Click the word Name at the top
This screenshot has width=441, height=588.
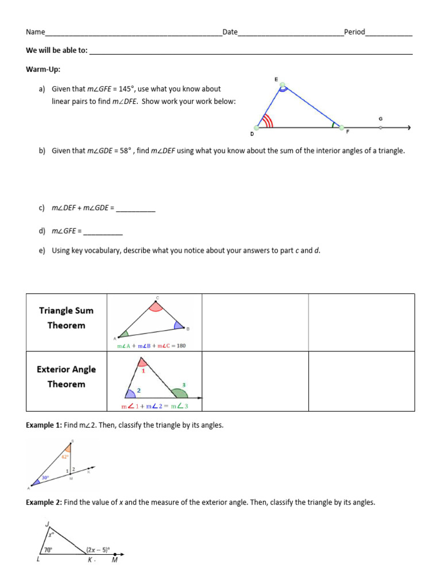pos(35,32)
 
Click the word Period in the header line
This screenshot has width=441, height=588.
pos(354,32)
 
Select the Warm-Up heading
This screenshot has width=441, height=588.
pos(43,69)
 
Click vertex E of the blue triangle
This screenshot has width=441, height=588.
pos(282,87)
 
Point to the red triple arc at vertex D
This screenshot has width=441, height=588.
pos(265,121)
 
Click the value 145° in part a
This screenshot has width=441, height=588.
pos(123,89)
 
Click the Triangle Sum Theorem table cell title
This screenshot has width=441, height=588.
pos(66,318)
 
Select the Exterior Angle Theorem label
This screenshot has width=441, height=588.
pos(66,377)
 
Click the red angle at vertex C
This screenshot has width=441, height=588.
pos(156,306)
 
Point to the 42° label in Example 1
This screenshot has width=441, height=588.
pos(65,457)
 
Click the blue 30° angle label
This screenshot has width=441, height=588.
pos(44,477)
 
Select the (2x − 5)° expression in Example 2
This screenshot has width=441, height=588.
pos(98,549)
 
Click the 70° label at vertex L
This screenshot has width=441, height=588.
pos(49,550)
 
